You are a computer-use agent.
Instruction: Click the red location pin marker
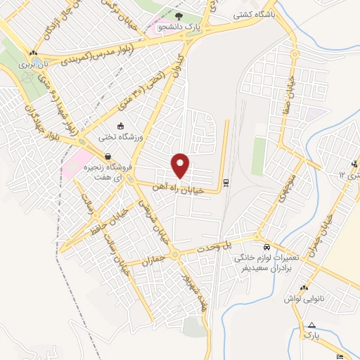181,166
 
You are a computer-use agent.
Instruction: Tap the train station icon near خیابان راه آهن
226,183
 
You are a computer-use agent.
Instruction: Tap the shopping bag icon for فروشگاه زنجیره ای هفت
108,156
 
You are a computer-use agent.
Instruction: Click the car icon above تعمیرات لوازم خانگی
267,247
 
